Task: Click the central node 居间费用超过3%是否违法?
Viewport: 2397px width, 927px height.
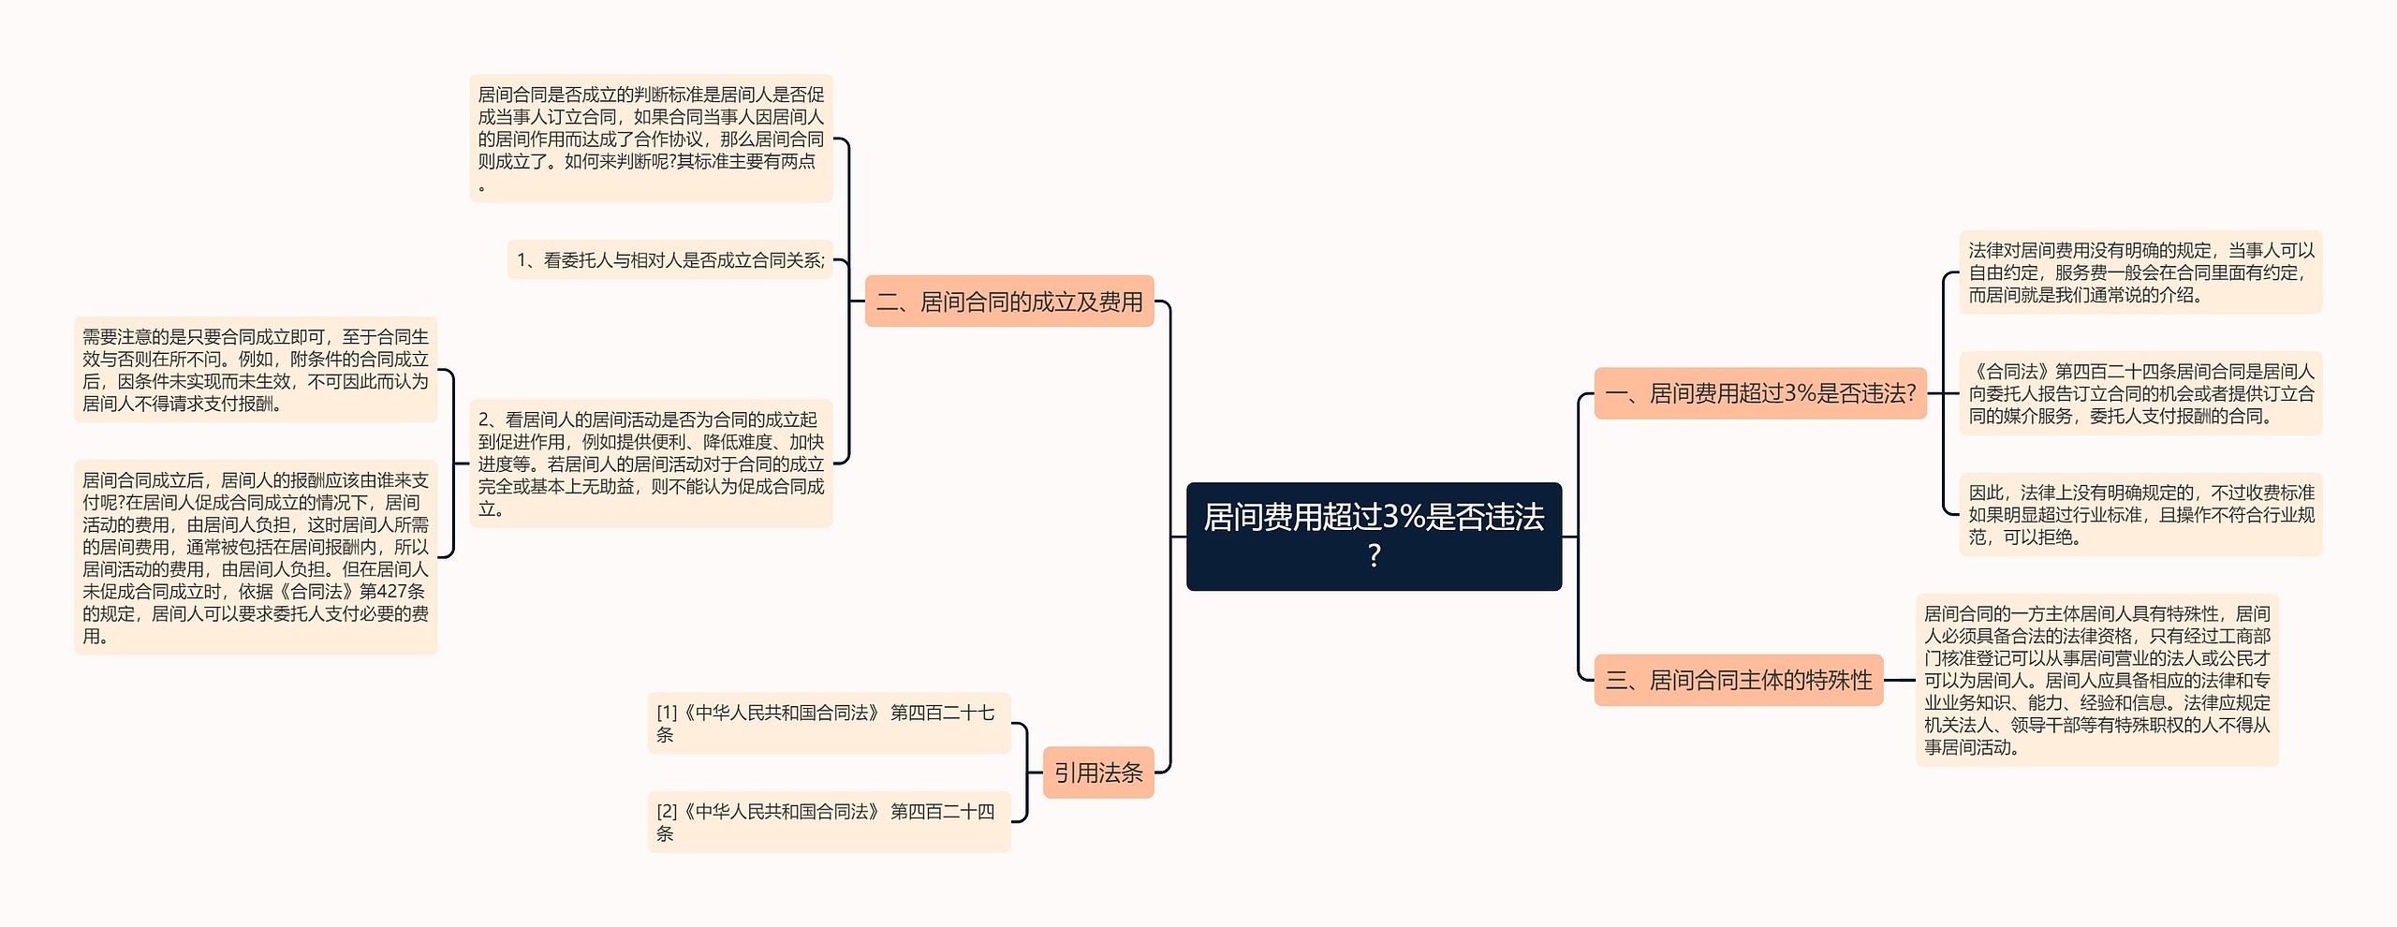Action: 1373,536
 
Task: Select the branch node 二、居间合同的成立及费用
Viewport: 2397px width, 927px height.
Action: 1008,302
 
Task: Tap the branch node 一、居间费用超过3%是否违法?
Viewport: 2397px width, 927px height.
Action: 1759,393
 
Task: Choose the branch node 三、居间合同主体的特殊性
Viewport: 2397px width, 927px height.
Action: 1738,680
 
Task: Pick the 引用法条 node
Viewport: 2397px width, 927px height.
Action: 1097,772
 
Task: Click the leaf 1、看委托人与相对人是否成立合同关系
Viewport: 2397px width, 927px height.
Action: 669,260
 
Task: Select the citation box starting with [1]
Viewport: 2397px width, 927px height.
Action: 828,723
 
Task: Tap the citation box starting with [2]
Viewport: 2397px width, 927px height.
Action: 828,822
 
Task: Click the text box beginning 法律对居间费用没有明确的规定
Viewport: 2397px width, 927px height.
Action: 2140,272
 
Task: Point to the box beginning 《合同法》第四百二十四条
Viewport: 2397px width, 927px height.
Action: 2140,393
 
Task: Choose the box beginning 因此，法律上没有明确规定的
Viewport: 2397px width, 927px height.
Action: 2140,514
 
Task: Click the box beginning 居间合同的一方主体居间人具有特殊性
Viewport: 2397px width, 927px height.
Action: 2096,680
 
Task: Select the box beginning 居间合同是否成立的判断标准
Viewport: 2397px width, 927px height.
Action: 651,139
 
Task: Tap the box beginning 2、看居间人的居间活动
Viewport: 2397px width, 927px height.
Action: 651,463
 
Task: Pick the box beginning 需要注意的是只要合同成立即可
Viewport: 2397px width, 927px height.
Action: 255,370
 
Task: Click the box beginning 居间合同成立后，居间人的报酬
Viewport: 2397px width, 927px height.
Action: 255,557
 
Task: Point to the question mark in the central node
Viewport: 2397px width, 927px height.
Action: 1374,556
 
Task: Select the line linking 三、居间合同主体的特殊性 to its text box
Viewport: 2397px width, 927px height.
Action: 1899,680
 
